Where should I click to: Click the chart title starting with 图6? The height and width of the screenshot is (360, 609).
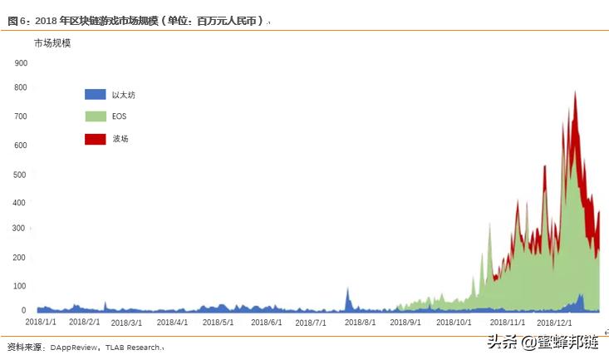(x=137, y=20)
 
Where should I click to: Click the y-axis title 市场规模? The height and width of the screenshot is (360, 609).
(x=52, y=42)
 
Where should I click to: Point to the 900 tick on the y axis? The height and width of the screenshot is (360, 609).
(x=21, y=62)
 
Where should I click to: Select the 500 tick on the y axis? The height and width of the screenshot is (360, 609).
(x=21, y=174)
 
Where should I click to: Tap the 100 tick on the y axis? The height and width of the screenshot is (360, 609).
(x=21, y=286)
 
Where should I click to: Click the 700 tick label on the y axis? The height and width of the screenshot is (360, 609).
(x=21, y=118)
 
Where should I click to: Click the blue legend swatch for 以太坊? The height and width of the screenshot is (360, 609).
(x=96, y=95)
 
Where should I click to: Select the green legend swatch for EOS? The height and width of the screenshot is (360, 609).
(x=96, y=116)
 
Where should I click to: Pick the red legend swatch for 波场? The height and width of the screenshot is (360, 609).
(x=96, y=139)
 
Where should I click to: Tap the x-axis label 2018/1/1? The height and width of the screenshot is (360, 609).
(x=41, y=321)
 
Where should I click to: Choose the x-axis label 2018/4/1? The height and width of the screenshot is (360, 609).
(x=171, y=322)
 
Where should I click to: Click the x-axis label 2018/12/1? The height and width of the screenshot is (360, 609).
(x=554, y=321)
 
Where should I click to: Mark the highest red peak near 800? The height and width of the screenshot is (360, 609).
(x=576, y=93)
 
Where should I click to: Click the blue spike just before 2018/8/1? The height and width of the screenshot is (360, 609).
(x=347, y=291)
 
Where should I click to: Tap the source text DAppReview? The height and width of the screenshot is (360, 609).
(x=74, y=347)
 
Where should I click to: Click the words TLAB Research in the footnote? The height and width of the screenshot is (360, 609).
(x=133, y=347)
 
